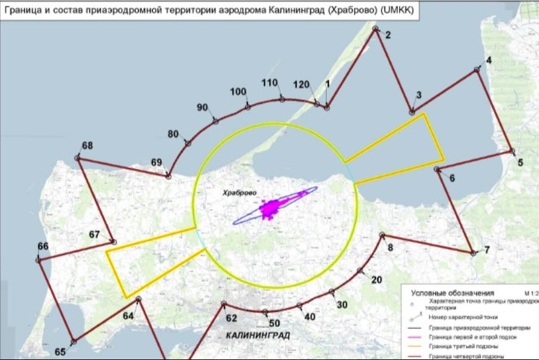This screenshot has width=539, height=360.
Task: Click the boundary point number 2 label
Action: [x=387, y=36]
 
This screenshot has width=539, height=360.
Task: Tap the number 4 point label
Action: [x=489, y=60]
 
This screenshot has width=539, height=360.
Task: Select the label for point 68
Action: [x=87, y=146]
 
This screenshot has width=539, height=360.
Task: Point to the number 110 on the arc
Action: [x=269, y=83]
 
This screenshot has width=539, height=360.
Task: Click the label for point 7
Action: [x=487, y=250]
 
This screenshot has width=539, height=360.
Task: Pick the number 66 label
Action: [x=43, y=247]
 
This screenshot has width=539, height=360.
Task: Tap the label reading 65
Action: [x=60, y=352]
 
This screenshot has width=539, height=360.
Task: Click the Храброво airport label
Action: [x=240, y=193]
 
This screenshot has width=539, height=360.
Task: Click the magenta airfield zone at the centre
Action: [x=269, y=208]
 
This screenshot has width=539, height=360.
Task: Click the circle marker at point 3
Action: [x=411, y=112]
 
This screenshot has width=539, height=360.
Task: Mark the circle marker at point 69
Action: [x=168, y=177]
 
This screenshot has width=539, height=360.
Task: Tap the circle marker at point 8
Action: [x=382, y=235]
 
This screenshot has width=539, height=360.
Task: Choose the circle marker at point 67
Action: [x=112, y=242]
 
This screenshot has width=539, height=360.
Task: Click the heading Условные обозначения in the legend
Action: [x=453, y=293]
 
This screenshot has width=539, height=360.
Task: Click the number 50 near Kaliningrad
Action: [x=274, y=322]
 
